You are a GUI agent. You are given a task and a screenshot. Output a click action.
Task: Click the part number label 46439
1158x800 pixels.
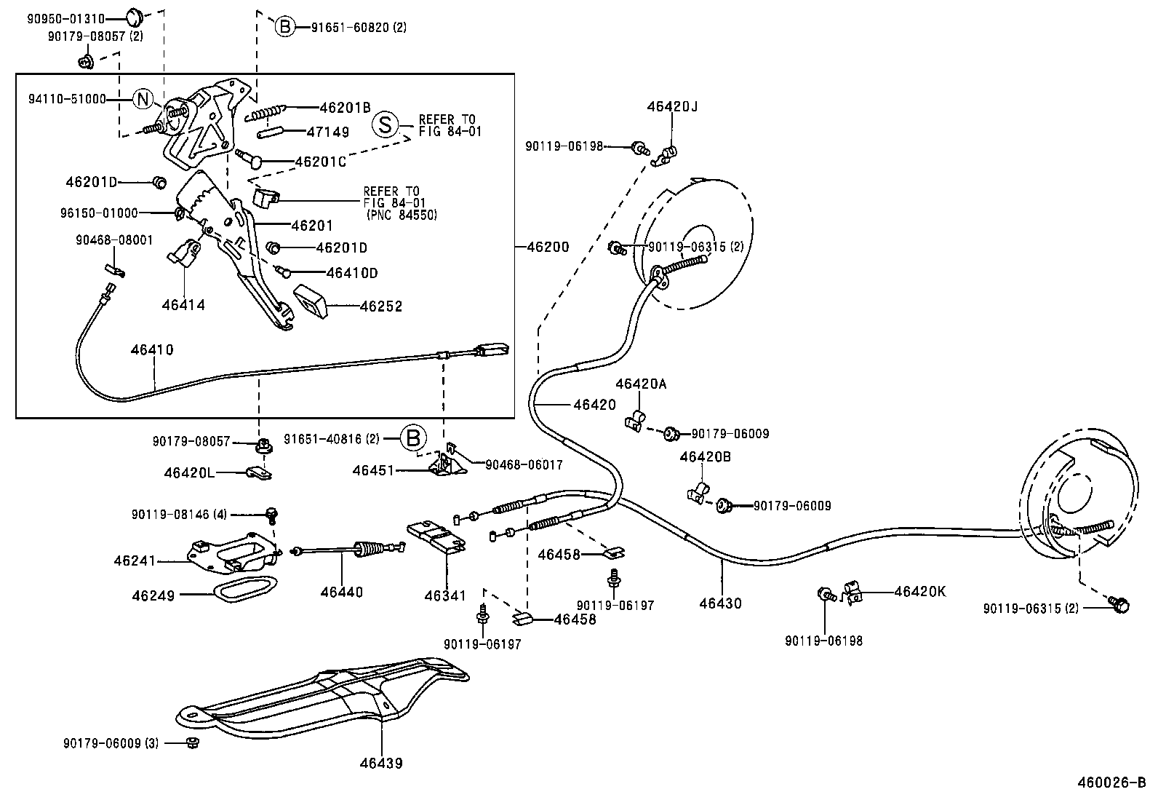(380, 763)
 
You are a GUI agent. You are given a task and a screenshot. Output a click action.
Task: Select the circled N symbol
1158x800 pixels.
(143, 99)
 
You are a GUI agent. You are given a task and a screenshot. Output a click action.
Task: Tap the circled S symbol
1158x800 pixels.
(385, 124)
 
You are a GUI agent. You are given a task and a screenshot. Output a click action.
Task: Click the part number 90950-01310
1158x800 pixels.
(66, 19)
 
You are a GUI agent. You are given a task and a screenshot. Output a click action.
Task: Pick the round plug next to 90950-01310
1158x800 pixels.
(133, 16)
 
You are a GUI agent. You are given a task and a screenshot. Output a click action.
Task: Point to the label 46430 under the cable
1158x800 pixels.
(720, 603)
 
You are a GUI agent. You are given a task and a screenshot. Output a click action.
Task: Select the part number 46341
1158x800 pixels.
(445, 595)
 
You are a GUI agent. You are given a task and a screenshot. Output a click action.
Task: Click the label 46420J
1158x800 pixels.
(672, 106)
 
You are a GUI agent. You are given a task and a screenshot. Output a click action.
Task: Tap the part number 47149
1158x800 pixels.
(327, 132)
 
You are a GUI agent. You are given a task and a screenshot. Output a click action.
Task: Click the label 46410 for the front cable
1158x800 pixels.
(152, 349)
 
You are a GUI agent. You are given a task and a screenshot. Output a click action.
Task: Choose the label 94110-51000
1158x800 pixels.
(67, 99)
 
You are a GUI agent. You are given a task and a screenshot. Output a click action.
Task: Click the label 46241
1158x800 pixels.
(135, 561)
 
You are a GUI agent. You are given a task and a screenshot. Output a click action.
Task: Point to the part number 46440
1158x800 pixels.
(341, 592)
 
